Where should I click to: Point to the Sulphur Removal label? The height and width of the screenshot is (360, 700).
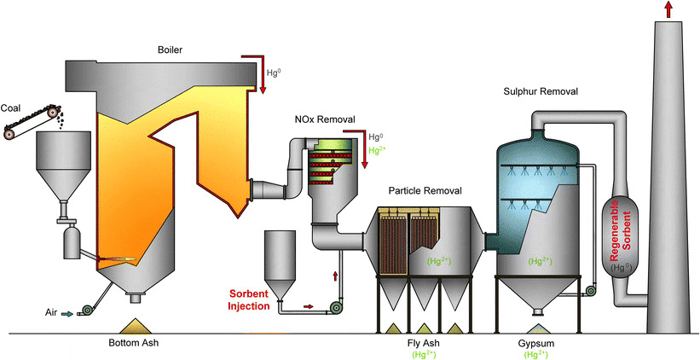(x=539, y=90)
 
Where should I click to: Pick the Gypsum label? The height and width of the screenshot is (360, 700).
(x=536, y=343)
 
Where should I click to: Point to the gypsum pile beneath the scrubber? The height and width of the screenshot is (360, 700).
(x=535, y=328)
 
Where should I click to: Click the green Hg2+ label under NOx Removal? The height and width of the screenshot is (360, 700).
(x=376, y=151)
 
